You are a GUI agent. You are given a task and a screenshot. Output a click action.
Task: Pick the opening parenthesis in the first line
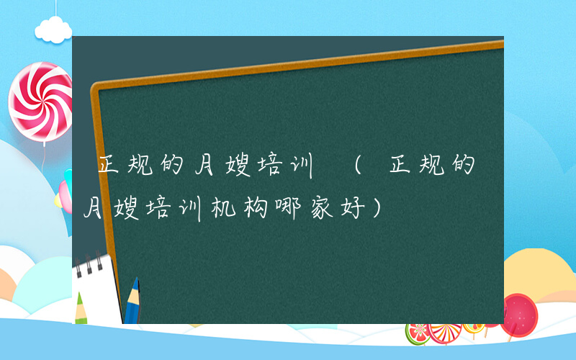(x=352, y=168)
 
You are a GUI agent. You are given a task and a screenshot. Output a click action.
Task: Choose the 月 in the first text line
(x=204, y=168)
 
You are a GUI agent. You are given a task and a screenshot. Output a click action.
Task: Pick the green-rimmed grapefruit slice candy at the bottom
(x=418, y=333)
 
